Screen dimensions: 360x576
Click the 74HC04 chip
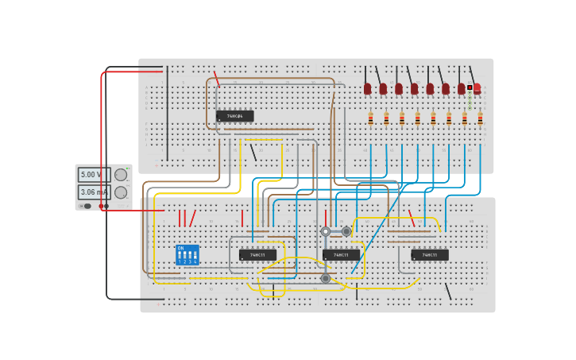coord(235,116)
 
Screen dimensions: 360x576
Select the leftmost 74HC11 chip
coord(257,255)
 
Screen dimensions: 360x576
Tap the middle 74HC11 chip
coord(341,255)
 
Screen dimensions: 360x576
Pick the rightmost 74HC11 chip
coord(430,255)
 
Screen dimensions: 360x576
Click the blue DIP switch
coord(187,255)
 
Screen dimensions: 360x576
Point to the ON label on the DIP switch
coord(180,248)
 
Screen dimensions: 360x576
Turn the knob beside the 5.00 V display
coord(121,174)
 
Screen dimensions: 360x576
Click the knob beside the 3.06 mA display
coord(121,192)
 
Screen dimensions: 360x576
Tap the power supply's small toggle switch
coord(87,206)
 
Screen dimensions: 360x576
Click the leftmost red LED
coord(367,88)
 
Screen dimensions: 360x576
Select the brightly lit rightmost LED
coord(477,88)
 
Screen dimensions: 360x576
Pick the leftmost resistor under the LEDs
coord(370,118)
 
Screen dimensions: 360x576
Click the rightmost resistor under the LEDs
coord(480,118)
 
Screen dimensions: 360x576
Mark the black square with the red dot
coord(470,87)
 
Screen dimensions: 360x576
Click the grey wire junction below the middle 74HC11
coord(326,278)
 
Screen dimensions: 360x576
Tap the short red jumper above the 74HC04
coord(216,79)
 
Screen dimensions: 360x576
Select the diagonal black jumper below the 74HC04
coord(253,152)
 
